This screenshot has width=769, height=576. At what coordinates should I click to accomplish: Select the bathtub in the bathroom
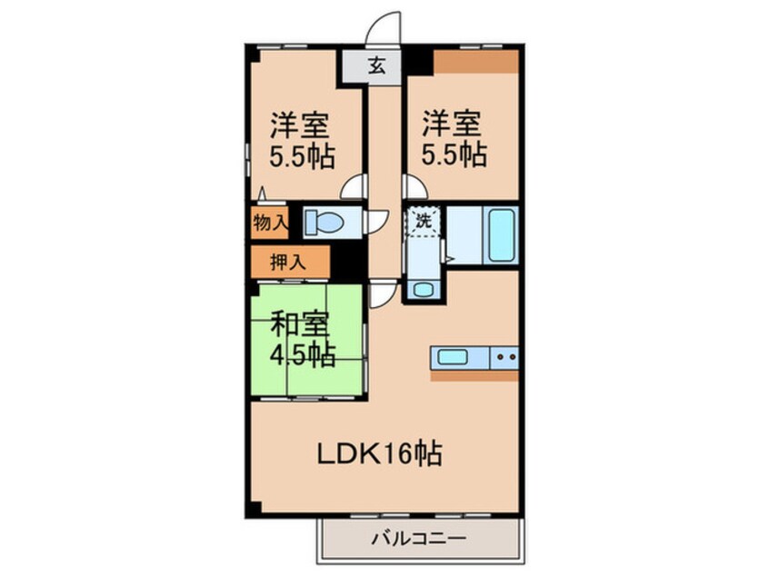click(x=501, y=234)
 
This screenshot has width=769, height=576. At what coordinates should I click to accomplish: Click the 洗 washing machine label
click(x=423, y=219)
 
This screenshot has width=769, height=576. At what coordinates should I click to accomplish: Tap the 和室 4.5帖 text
click(x=303, y=339)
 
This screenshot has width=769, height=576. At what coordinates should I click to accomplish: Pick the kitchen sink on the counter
click(x=452, y=356)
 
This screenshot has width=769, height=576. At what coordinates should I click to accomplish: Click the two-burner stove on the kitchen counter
click(x=504, y=357)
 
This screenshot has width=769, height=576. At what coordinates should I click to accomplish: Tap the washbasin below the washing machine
click(x=424, y=289)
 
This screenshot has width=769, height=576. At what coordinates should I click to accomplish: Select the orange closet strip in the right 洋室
click(x=475, y=61)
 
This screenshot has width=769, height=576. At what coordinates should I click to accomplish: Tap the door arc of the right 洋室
click(x=414, y=187)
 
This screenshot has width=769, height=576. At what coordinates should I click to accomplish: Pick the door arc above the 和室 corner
click(x=384, y=293)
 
